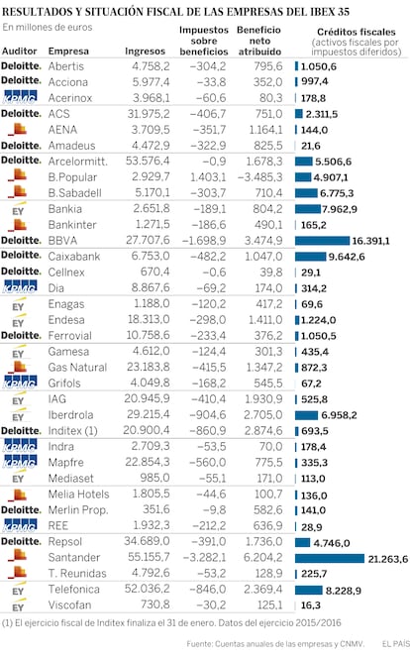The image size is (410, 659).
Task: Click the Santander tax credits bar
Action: (330, 558)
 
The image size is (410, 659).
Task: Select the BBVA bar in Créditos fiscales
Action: (322, 241)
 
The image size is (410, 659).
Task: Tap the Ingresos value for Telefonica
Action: (147, 589)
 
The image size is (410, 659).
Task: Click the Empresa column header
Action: (68, 51)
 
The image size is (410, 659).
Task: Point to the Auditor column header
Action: (20, 51)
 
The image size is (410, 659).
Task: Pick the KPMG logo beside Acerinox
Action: (20, 97)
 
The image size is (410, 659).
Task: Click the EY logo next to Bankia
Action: (18, 209)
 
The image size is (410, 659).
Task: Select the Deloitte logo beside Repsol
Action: (21, 541)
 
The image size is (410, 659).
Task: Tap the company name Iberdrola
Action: (70, 415)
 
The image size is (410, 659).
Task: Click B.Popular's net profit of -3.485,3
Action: (260, 177)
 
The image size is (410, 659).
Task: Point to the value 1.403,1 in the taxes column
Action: (208, 177)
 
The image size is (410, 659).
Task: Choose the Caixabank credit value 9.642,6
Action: (347, 257)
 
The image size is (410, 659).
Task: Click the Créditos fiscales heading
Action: (357, 32)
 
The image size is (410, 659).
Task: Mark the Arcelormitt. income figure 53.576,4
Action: (148, 161)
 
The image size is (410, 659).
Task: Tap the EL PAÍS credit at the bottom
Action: (395, 643)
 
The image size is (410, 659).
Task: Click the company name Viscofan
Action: (69, 604)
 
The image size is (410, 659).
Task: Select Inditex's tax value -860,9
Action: (208, 430)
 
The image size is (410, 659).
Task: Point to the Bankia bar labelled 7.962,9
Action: (307, 209)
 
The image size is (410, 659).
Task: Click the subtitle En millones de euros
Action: (48, 28)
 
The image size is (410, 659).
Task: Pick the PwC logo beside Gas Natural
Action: (18, 367)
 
